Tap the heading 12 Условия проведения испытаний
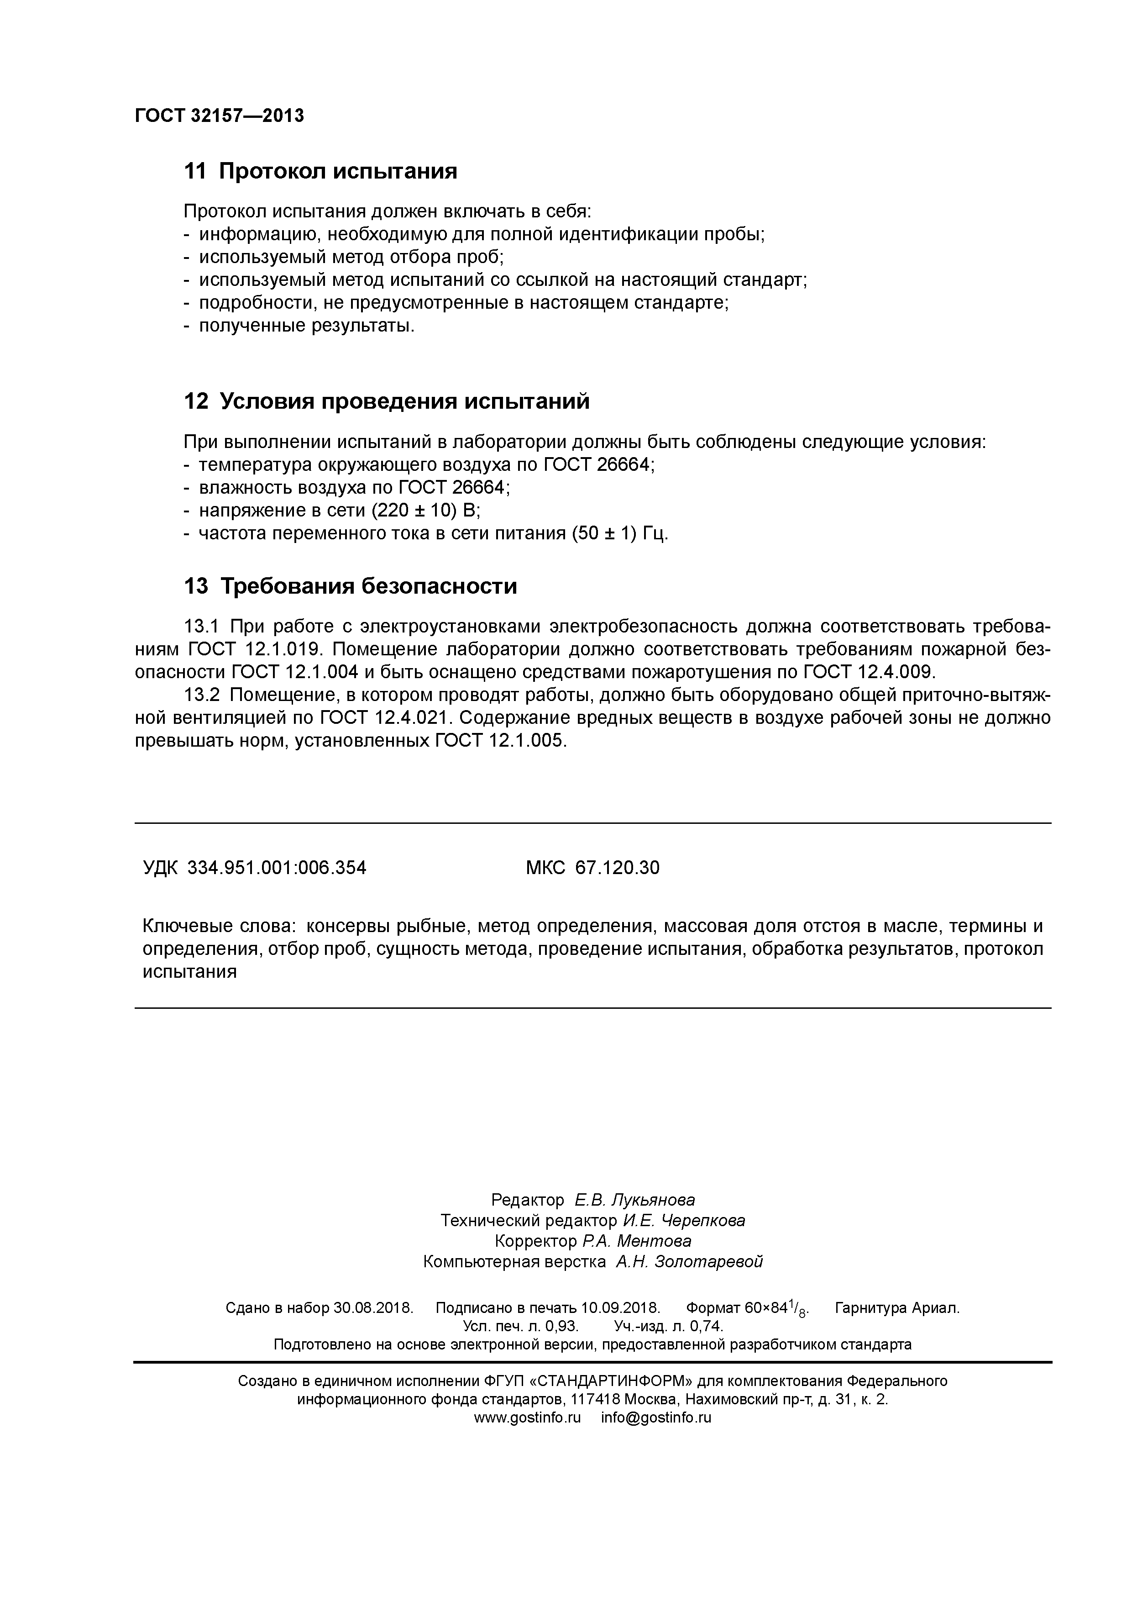pos(387,401)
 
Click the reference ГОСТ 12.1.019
pos(255,649)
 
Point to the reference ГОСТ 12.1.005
pos(501,741)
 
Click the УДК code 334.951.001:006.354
pos(277,868)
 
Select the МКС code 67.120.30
pos(617,868)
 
